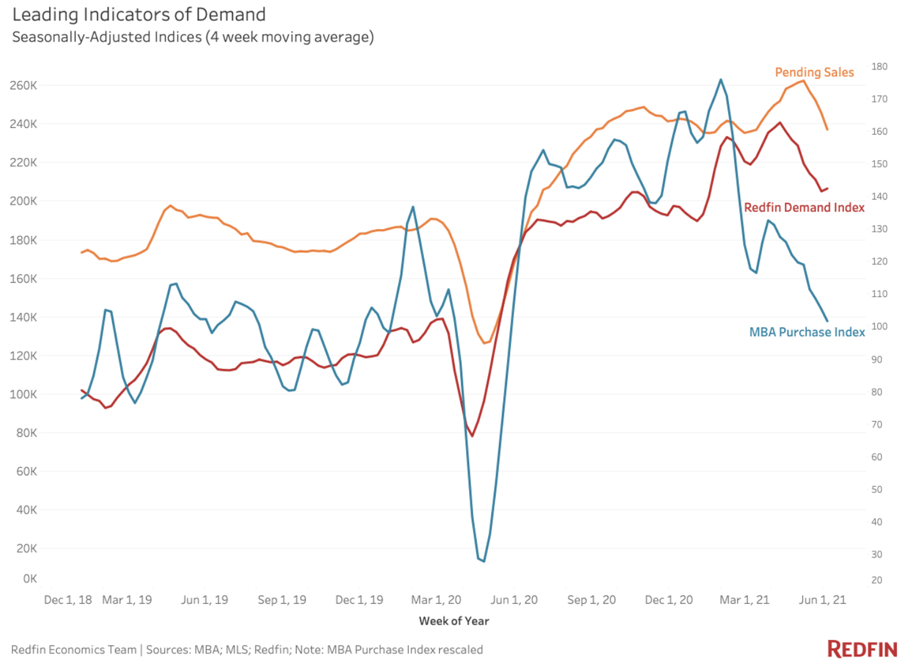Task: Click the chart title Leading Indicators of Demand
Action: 139,14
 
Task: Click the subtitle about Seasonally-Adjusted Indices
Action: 192,37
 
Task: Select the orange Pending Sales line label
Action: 814,72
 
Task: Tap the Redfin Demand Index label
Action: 803,208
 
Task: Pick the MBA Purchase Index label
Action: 806,332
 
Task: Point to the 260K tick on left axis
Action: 23,85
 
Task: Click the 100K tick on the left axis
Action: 23,394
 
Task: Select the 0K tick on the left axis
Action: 30,579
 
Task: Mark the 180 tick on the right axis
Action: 879,67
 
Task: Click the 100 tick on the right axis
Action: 879,327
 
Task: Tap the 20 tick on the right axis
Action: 877,580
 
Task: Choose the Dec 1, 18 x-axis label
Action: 68,600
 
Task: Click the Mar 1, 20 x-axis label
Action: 436,600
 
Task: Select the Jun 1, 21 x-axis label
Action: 822,600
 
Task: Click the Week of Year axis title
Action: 453,621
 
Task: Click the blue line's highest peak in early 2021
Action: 721,79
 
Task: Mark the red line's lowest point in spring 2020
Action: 472,436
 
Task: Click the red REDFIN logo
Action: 862,649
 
